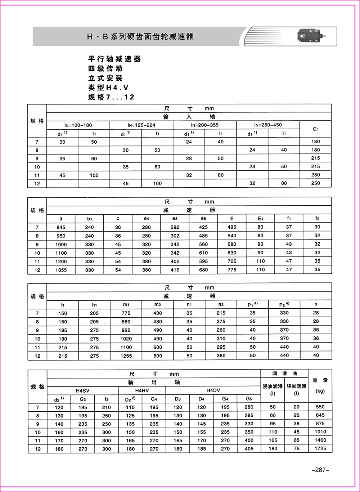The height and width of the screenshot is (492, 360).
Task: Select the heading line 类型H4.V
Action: click(108, 88)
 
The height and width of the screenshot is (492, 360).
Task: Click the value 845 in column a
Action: click(61, 227)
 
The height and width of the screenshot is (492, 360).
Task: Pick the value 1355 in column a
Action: click(61, 270)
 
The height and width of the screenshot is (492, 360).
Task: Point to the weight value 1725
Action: click(320, 448)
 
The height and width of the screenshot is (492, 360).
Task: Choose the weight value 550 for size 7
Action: click(320, 407)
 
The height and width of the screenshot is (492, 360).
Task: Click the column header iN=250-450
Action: click(268, 125)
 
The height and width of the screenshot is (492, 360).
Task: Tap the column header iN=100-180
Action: click(78, 125)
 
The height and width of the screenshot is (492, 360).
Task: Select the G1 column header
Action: click(316, 129)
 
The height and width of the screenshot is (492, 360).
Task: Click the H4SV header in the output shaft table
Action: click(83, 390)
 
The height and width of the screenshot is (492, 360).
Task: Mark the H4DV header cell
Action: click(213, 390)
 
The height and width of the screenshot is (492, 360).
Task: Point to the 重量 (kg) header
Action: click(320, 385)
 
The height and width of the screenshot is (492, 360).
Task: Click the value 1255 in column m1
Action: click(126, 355)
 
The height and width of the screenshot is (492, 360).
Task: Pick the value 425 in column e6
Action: click(203, 227)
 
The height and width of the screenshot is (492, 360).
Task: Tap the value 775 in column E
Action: click(232, 270)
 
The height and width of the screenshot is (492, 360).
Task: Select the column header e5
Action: click(175, 219)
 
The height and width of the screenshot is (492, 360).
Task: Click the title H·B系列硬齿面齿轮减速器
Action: click(140, 36)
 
